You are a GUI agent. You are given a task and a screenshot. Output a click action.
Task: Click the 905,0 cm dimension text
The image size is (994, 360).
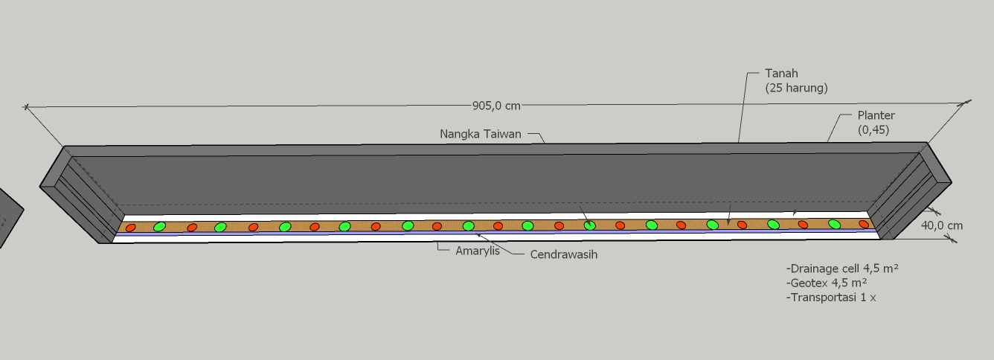(496, 106)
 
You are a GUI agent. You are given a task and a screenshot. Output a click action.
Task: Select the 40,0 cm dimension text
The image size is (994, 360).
(942, 225)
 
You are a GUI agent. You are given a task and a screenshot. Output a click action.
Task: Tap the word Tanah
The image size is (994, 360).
(781, 74)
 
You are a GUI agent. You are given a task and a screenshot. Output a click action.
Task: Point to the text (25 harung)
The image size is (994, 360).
(796, 88)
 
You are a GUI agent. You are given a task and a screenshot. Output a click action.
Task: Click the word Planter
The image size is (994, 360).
(876, 115)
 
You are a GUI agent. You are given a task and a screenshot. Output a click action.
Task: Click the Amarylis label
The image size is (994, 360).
(478, 251)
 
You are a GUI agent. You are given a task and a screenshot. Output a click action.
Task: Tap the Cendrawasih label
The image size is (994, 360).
(564, 254)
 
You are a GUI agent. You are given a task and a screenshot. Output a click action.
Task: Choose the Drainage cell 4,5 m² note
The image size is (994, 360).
(841, 269)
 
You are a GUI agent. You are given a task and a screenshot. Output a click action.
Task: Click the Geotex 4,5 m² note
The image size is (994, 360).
(827, 283)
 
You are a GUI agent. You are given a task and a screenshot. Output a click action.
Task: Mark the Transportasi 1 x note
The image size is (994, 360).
(830, 298)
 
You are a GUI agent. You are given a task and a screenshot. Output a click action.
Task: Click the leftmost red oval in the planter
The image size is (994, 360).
(130, 228)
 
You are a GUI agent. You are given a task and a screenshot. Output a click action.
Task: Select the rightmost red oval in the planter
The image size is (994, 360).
(864, 224)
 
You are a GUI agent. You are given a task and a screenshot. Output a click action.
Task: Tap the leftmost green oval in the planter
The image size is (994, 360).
(159, 227)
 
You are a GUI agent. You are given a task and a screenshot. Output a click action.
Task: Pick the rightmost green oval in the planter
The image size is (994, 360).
(834, 224)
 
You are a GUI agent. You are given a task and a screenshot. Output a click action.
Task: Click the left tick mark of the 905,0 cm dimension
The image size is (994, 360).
(27, 108)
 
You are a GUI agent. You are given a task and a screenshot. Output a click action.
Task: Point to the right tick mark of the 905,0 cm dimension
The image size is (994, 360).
(966, 103)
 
